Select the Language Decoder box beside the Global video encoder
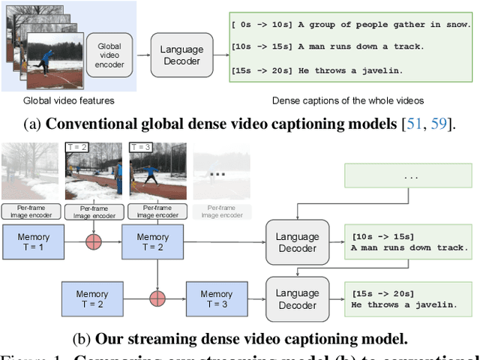click(x=181, y=54)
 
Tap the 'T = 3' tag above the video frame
click(x=140, y=147)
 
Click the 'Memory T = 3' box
click(x=216, y=298)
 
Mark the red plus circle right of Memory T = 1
click(x=94, y=242)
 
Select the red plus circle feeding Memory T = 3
click(x=157, y=298)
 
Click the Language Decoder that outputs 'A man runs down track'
click(x=298, y=242)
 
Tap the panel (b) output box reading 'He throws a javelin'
click(x=406, y=298)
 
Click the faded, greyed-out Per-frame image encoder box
click(x=220, y=211)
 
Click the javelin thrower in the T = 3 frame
click(x=151, y=175)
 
